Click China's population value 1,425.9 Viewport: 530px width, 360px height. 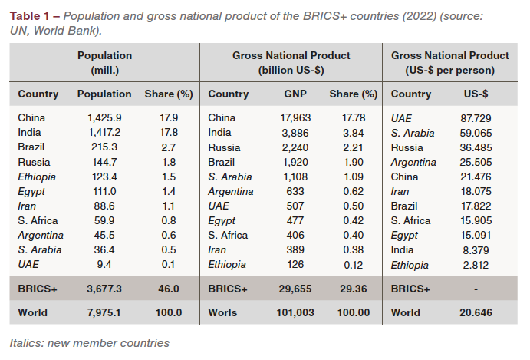point(104,118)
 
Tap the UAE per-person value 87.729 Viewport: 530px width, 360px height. point(476,118)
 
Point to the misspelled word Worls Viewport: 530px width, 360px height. point(223,312)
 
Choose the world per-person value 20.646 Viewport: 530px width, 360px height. point(476,312)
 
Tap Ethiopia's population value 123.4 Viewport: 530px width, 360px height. point(104,177)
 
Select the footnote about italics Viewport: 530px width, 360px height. point(90,342)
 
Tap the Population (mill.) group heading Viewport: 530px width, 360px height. point(104,62)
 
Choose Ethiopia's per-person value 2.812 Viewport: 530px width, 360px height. point(476,264)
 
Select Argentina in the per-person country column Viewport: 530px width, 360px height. point(413,162)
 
